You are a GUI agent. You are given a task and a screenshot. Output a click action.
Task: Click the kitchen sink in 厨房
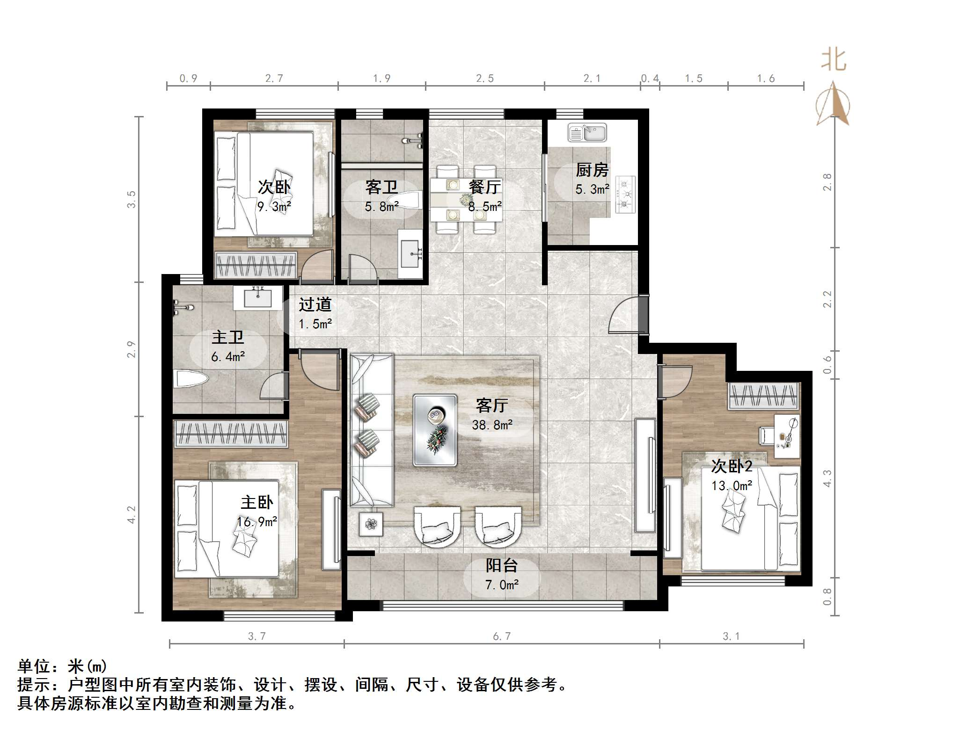587,132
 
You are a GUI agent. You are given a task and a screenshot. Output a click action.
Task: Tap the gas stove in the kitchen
625,194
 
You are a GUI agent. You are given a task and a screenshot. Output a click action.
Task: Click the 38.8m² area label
492,425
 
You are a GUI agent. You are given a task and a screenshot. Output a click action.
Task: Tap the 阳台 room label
501,565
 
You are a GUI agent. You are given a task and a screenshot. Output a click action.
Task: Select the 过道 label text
315,304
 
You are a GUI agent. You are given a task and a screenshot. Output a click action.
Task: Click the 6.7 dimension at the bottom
501,636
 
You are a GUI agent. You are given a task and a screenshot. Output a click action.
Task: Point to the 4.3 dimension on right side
828,478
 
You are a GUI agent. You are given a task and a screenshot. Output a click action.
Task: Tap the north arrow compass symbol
833,105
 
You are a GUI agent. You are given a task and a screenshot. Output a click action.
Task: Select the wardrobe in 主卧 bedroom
230,433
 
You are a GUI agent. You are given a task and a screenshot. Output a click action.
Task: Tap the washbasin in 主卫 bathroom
257,298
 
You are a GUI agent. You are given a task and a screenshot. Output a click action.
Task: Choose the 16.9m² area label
256,522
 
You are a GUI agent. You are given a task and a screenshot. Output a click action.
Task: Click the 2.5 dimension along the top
484,79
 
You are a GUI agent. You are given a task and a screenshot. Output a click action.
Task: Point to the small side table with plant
371,524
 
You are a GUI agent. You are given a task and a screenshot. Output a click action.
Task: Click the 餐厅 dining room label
484,187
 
